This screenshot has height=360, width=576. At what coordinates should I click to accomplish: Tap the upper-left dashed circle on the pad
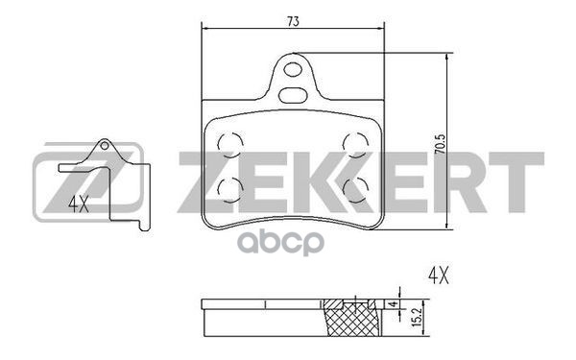[230, 143]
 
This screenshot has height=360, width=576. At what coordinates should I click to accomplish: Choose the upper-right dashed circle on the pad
[354, 143]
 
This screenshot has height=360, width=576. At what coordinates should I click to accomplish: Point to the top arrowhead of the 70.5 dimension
[449, 57]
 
